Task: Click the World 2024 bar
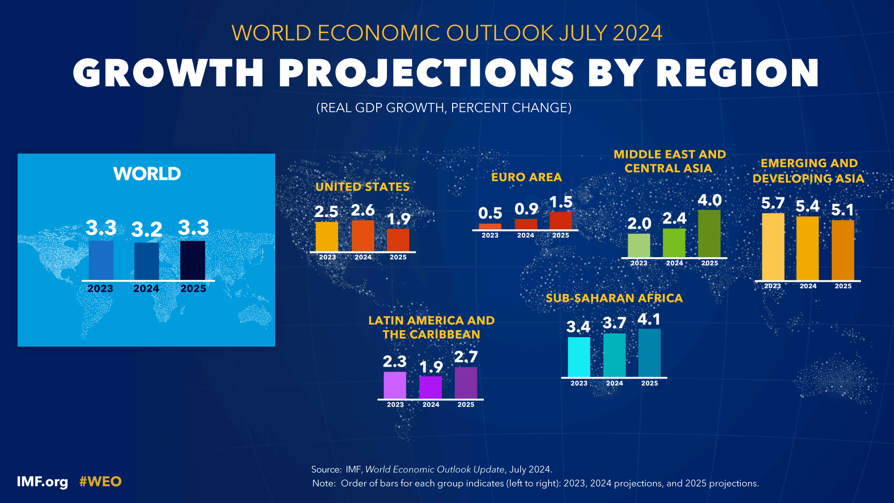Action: click(x=146, y=261)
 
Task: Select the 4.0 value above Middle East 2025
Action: click(x=709, y=200)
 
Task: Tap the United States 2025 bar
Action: click(x=398, y=240)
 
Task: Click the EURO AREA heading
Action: click(x=527, y=177)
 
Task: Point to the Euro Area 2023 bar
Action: click(x=490, y=227)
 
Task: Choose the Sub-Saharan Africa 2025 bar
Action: click(x=650, y=353)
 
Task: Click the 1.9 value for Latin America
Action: click(x=431, y=367)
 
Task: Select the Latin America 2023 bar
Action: click(x=395, y=385)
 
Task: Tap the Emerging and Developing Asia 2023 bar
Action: click(x=773, y=247)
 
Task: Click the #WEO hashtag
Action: click(x=100, y=482)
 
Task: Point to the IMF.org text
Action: click(x=42, y=482)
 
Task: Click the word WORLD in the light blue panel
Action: click(x=147, y=174)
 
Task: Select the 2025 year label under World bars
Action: click(x=193, y=289)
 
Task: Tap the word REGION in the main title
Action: click(x=738, y=73)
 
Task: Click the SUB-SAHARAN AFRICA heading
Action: click(x=614, y=299)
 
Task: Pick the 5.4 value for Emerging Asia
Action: click(x=807, y=206)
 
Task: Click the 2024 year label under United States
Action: click(x=363, y=258)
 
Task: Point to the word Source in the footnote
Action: click(x=326, y=469)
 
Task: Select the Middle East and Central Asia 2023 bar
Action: click(x=639, y=245)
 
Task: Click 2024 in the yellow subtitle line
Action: click(x=637, y=33)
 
